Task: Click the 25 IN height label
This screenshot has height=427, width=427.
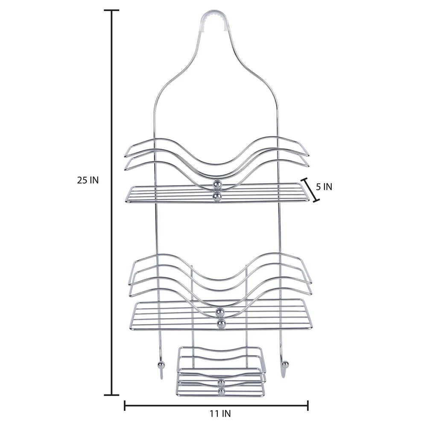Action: [x=88, y=180]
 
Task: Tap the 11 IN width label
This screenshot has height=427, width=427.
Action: [x=220, y=413]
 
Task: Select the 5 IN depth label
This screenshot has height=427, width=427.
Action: [x=324, y=187]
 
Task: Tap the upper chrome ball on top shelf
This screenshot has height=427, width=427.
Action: [x=218, y=184]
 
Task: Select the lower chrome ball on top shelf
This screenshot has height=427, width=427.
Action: [x=218, y=196]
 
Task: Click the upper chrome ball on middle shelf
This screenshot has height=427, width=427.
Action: [x=220, y=312]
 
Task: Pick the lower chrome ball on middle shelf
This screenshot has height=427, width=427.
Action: [x=220, y=325]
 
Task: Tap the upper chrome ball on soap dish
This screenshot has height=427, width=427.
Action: [x=221, y=382]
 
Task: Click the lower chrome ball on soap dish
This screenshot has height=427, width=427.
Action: [x=221, y=391]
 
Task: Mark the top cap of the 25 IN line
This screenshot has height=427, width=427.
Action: [x=112, y=10]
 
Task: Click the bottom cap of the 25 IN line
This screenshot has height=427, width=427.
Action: [x=112, y=395]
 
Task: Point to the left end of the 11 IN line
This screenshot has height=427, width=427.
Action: [x=124, y=405]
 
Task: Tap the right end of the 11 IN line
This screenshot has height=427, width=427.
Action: [x=308, y=405]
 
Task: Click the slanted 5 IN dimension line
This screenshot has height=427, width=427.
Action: [x=310, y=190]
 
